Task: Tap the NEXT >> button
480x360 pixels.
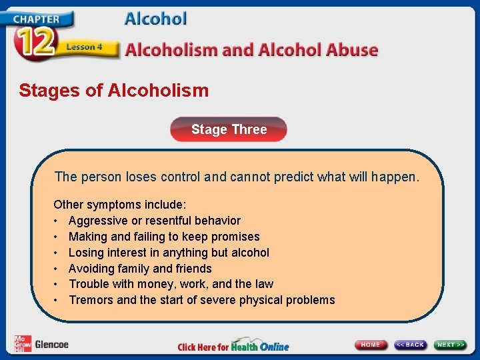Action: [x=451, y=345]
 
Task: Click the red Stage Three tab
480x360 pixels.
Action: [x=229, y=129]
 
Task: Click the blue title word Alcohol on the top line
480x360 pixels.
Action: [x=155, y=19]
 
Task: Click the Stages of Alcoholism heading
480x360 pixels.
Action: [x=113, y=90]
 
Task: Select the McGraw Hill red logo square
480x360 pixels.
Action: [x=21, y=344]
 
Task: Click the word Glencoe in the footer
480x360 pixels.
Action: [x=51, y=345]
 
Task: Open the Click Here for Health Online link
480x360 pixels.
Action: [x=233, y=346]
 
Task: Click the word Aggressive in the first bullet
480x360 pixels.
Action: [x=95, y=221]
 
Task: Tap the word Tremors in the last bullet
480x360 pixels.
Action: [x=91, y=300]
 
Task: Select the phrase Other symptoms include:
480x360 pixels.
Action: [x=120, y=205]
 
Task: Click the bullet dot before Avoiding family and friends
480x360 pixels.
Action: [x=57, y=269]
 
